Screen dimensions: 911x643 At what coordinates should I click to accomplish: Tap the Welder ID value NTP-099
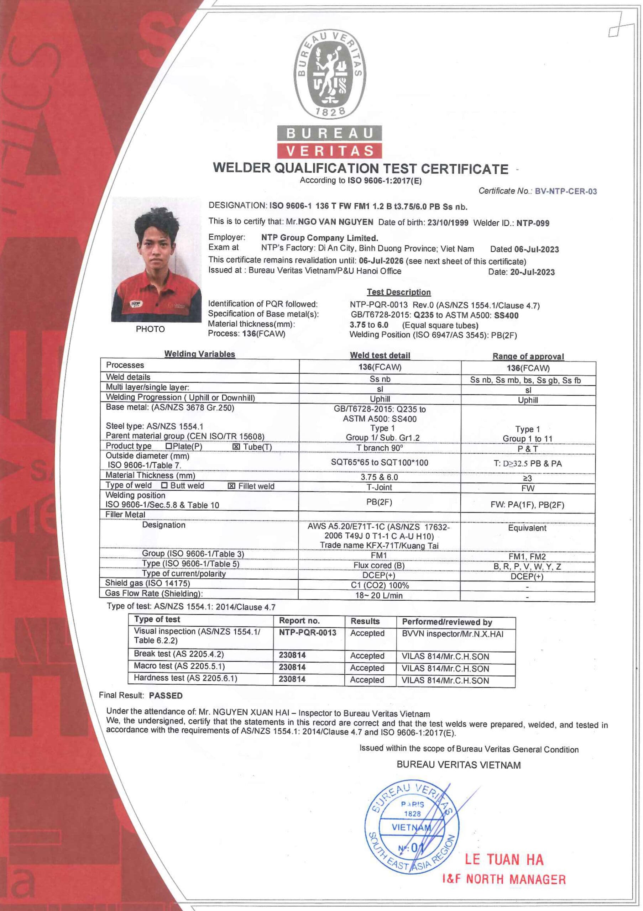pos(533,223)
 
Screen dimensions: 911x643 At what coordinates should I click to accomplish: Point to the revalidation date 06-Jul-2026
pos(381,261)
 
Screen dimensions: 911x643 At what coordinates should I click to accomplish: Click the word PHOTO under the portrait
pos(150,329)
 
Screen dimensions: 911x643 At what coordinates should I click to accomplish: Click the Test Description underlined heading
pos(398,292)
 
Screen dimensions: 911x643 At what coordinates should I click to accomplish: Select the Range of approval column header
pos(528,356)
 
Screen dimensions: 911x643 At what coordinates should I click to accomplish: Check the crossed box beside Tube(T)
pos(236,447)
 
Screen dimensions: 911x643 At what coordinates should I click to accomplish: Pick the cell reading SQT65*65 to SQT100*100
pos(380,462)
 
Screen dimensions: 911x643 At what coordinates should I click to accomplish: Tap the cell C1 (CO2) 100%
pos(380,585)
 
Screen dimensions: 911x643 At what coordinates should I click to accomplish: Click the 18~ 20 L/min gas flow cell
pos(379,595)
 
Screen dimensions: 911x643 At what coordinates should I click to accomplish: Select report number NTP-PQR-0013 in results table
pos(307,632)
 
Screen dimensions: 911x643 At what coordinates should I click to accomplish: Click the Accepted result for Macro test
pos(367,668)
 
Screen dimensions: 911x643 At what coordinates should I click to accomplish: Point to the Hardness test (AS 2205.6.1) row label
pos(185,678)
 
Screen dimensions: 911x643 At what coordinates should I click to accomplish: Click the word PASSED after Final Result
pos(166,696)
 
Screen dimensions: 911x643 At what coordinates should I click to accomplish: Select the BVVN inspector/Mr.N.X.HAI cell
pos(452,634)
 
